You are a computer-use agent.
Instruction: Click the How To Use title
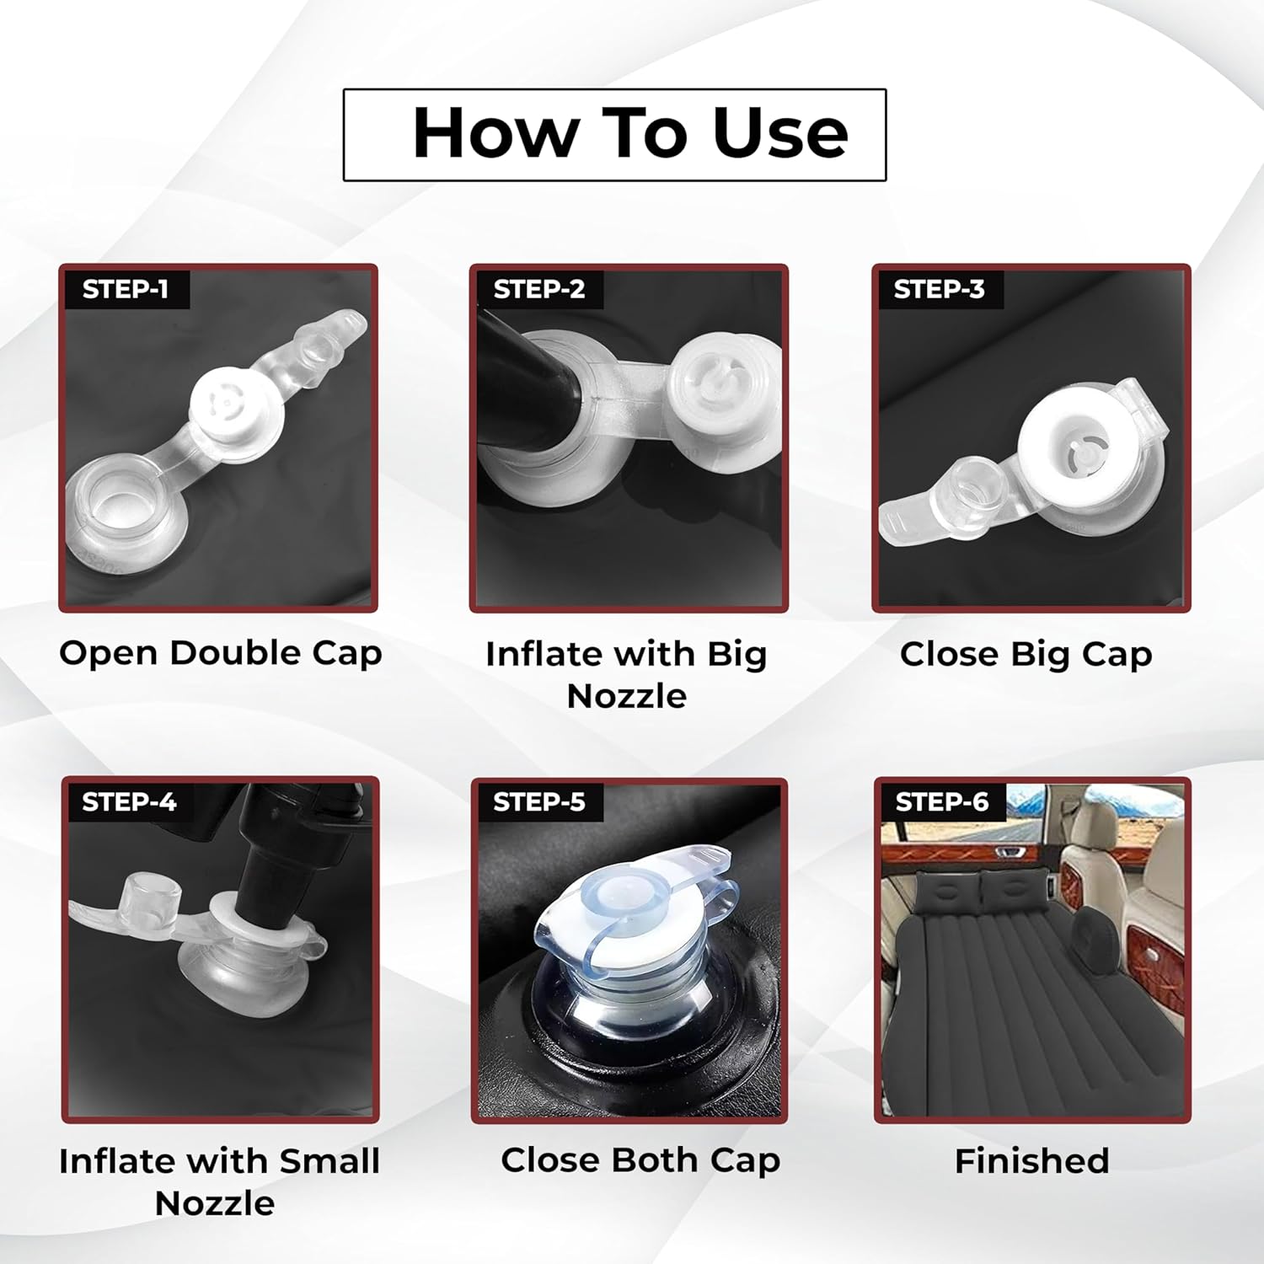[630, 133]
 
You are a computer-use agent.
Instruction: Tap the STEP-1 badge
[126, 289]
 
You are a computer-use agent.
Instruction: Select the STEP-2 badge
[539, 289]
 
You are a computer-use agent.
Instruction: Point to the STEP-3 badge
[940, 289]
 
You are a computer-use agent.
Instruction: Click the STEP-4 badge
[129, 801]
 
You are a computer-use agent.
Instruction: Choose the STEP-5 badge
[539, 801]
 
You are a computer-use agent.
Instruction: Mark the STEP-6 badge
[942, 801]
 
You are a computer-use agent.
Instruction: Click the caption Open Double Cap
[220, 654]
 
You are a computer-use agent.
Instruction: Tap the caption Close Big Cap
[1026, 655]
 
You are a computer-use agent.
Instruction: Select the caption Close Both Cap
[640, 1161]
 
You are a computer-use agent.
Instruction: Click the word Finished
[1032, 1161]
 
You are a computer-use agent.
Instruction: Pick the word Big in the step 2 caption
[736, 655]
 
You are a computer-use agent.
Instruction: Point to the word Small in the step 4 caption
[329, 1161]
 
